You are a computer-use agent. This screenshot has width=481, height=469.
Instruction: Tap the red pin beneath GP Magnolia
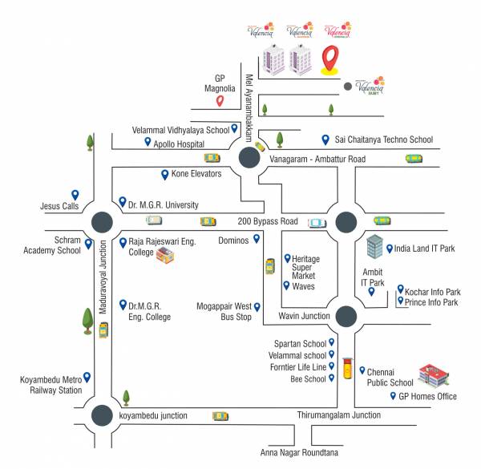pos(219,102)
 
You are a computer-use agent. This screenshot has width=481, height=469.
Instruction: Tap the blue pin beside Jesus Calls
pos(75,194)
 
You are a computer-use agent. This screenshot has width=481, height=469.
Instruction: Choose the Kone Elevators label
pos(197,173)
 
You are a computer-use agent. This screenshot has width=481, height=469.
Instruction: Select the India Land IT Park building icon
pos(374,248)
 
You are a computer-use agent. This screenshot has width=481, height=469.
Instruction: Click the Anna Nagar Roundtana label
pos(299,453)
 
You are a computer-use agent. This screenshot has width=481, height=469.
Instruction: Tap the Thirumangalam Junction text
pos(339,415)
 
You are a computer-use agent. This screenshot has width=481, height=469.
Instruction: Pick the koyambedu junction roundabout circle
pos(102,415)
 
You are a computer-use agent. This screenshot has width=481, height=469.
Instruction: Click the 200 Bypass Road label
pos(267,221)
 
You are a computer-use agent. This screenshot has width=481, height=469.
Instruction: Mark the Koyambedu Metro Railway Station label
pos(51,386)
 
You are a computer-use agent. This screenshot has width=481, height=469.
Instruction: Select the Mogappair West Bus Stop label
pos(224,312)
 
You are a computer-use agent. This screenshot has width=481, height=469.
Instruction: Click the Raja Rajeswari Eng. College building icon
pos(165,257)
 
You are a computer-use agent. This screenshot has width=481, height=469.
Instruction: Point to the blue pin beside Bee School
pos(331,378)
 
